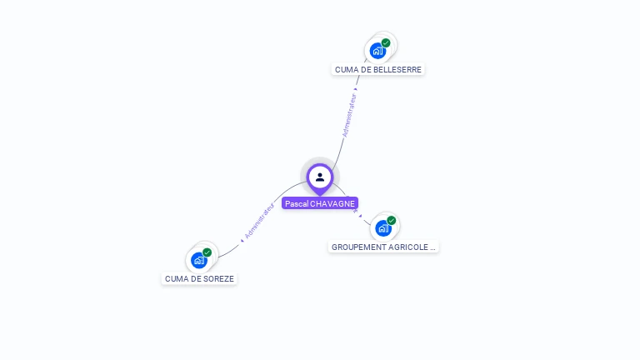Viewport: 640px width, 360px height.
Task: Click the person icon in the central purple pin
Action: (320, 177)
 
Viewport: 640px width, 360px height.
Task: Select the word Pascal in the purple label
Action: (296, 203)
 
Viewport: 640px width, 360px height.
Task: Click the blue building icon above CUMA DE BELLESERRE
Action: (377, 51)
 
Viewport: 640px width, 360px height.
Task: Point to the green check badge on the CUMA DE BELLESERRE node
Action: (386, 42)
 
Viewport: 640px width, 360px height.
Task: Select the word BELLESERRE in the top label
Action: (397, 69)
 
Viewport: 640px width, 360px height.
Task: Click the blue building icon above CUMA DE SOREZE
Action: (198, 260)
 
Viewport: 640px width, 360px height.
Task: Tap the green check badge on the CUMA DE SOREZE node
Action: (207, 252)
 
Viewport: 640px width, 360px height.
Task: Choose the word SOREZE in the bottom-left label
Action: (218, 278)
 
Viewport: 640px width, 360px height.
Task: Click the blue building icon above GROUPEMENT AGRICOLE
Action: (382, 227)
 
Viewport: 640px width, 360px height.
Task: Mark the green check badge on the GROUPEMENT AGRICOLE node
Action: (391, 220)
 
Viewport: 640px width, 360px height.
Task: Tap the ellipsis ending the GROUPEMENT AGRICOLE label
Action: (432, 247)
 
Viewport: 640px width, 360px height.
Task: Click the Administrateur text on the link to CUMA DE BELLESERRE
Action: (349, 115)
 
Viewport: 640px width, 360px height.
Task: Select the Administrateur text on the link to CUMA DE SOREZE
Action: (259, 221)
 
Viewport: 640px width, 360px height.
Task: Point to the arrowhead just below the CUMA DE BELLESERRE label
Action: (357, 87)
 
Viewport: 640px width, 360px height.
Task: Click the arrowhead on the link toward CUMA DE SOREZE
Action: (242, 240)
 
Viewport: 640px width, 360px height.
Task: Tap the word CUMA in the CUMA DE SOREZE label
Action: (177, 278)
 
